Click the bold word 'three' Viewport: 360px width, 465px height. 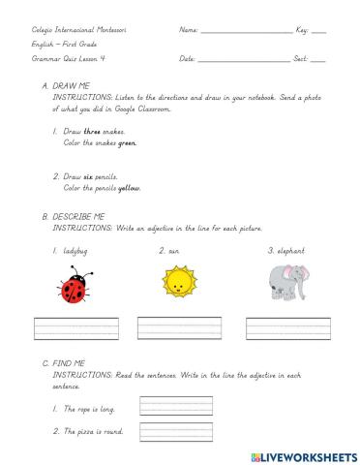pyautogui.click(x=92, y=130)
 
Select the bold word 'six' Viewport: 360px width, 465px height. pyautogui.click(x=86, y=176)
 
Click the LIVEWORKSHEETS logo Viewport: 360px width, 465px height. pyautogui.click(x=303, y=452)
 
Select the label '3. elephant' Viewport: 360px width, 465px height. pyautogui.click(x=286, y=251)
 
